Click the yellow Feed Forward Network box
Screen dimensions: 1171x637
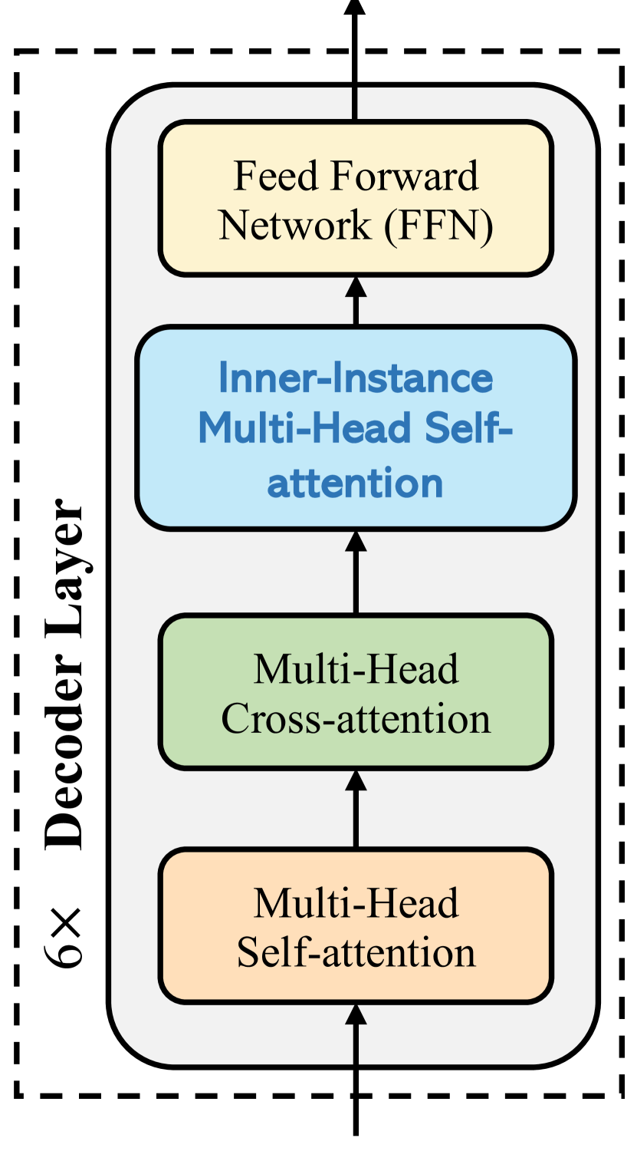355,198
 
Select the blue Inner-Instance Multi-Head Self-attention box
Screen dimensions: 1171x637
355,428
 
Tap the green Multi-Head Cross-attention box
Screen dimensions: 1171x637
355,691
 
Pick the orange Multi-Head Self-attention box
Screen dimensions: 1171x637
355,925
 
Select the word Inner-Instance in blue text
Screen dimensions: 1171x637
355,378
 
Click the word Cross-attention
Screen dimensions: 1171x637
356,719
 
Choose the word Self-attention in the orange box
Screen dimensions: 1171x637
356,952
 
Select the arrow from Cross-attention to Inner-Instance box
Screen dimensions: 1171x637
355,572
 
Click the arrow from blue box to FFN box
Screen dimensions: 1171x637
355,300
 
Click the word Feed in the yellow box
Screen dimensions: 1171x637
264,176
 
